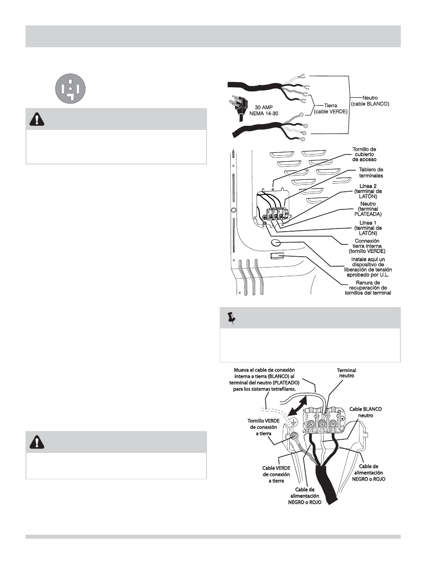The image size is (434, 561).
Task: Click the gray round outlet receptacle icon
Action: (x=70, y=88)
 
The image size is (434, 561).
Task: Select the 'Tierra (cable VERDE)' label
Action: (x=331, y=108)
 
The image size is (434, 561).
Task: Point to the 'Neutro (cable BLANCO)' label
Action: (x=370, y=101)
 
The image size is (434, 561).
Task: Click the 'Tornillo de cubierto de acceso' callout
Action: (x=364, y=154)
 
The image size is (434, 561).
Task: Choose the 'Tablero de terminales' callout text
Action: (x=371, y=173)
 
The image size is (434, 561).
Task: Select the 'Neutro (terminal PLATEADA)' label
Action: (x=368, y=209)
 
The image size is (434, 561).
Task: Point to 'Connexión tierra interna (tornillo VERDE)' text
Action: (x=367, y=246)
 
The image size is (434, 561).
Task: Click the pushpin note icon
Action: (x=231, y=318)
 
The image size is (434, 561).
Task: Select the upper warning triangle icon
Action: (x=35, y=119)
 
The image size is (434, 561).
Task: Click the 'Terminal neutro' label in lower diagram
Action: (x=346, y=373)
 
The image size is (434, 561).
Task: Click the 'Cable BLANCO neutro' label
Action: (x=365, y=412)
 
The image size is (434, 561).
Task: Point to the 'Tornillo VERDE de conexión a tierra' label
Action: (x=263, y=427)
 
